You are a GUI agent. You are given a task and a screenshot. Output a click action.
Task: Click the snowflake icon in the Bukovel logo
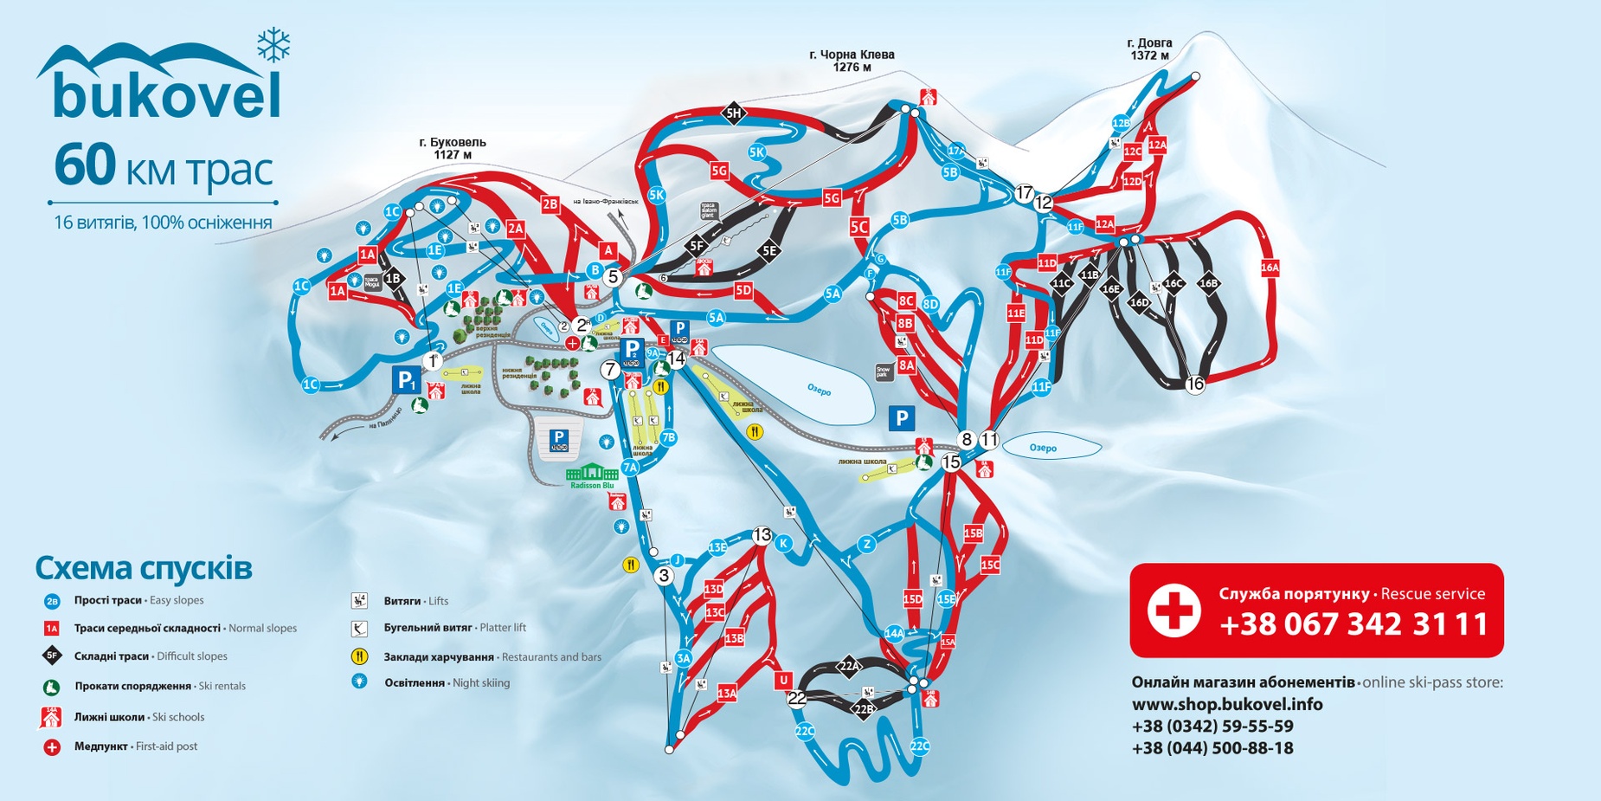point(273,45)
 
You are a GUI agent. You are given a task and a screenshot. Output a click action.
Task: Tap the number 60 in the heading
point(84,165)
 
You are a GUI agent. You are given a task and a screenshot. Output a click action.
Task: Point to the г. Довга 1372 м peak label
point(1149,49)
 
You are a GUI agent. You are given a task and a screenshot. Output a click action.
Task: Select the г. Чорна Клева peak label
point(852,61)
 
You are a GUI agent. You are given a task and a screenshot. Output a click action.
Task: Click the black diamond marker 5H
point(733,113)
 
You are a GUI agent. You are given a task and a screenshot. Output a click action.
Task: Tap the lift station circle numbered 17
point(1024,192)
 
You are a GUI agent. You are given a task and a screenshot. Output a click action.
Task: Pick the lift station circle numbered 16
point(1195,384)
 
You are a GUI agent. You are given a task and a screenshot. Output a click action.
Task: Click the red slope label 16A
point(1270,268)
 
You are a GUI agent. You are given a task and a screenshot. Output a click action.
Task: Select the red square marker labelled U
point(784,680)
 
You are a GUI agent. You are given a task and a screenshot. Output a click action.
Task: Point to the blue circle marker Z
point(866,544)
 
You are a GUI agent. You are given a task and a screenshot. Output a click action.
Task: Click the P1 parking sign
point(406,379)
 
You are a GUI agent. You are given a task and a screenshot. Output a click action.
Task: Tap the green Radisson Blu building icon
point(591,473)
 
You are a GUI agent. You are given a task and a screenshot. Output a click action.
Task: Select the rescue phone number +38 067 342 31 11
point(1353,623)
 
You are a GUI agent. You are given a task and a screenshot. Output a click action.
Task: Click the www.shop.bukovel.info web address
point(1227,704)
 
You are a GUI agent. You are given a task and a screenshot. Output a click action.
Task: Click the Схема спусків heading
point(144,569)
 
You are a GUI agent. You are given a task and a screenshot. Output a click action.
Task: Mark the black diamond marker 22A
point(849,666)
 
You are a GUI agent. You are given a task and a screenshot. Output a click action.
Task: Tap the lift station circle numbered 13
point(762,535)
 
